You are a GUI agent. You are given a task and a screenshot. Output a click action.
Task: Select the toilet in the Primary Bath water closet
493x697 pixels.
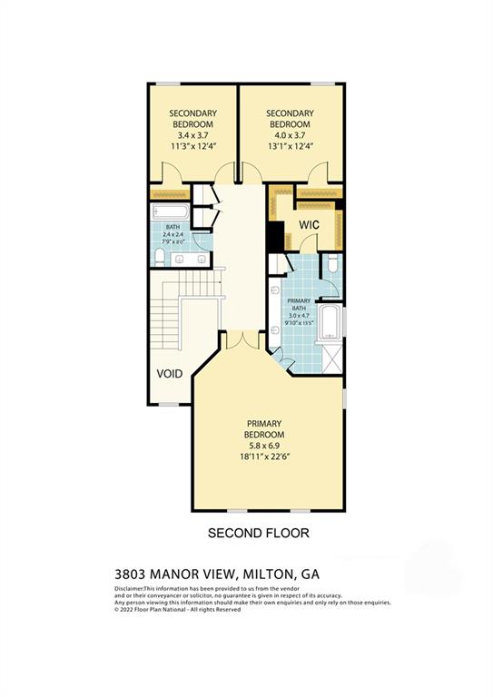point(331,265)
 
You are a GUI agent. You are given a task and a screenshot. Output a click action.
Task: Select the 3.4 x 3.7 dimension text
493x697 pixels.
point(192,135)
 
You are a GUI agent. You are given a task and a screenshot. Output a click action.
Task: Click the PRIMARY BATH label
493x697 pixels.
point(298,305)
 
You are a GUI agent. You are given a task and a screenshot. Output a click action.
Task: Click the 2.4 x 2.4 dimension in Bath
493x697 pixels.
point(173,234)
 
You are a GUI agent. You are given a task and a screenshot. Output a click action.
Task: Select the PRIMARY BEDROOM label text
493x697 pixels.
point(264,429)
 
